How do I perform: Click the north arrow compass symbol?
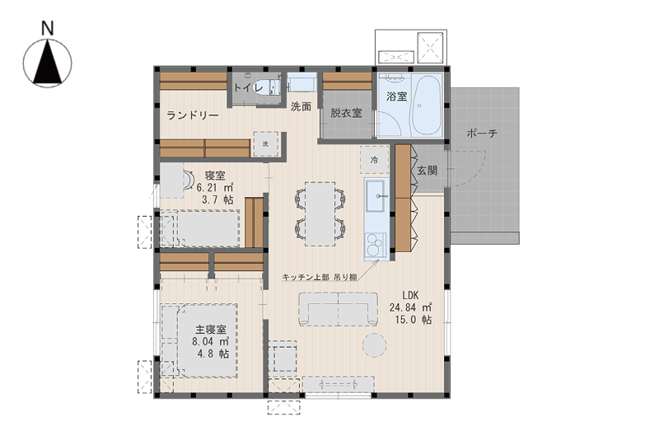pyautogui.click(x=48, y=63)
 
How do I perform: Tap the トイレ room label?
pyautogui.click(x=248, y=88)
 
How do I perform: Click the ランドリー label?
pyautogui.click(x=193, y=115)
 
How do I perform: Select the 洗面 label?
pyautogui.click(x=301, y=107)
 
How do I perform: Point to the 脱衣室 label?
pyautogui.click(x=346, y=113)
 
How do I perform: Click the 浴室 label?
pyautogui.click(x=397, y=96)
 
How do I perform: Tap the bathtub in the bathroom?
pyautogui.click(x=426, y=105)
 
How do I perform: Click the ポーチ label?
pyautogui.click(x=482, y=133)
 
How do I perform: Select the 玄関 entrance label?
pyautogui.click(x=427, y=171)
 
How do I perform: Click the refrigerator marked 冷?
pyautogui.click(x=374, y=160)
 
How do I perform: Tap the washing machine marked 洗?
pyautogui.click(x=265, y=144)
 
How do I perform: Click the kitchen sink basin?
pyautogui.click(x=376, y=195)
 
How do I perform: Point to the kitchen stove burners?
pyautogui.click(x=376, y=245)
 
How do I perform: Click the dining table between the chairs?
pyautogui.click(x=320, y=213)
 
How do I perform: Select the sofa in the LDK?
pyautogui.click(x=339, y=309)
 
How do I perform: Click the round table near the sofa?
pyautogui.click(x=375, y=345)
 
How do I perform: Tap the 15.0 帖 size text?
pyautogui.click(x=414, y=320)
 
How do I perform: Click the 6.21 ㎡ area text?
pyautogui.click(x=215, y=188)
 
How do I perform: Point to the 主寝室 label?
pyautogui.click(x=210, y=330)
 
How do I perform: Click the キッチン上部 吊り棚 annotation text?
pyautogui.click(x=320, y=277)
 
